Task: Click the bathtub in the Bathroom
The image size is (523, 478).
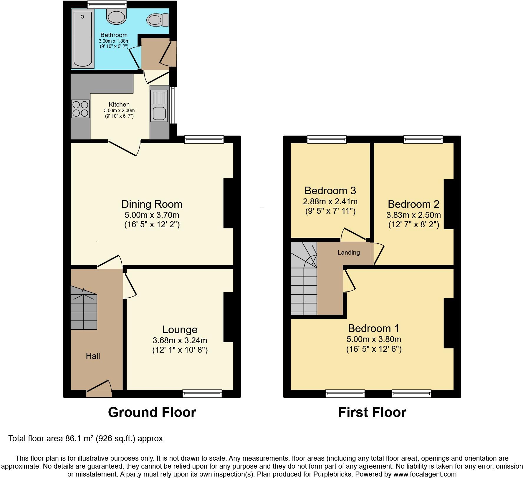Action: pos(83,39)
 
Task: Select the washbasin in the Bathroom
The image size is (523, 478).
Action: pos(116,16)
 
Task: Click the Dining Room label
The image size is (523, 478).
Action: pos(152,204)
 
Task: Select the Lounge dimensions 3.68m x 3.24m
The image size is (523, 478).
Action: pos(180,340)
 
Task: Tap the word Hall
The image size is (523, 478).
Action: pos(93,356)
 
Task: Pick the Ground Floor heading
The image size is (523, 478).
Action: pos(152,412)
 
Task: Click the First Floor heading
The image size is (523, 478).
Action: pos(372,412)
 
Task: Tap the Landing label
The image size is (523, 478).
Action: pos(348,253)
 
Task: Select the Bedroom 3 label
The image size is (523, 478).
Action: pos(330,191)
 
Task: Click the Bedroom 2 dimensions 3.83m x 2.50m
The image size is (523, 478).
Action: pos(413,215)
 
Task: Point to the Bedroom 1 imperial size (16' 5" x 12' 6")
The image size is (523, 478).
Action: pos(374,349)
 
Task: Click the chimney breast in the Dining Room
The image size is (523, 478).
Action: pos(229,203)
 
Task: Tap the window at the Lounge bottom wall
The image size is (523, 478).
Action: pos(202,393)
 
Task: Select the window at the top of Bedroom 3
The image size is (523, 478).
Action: pos(327,139)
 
